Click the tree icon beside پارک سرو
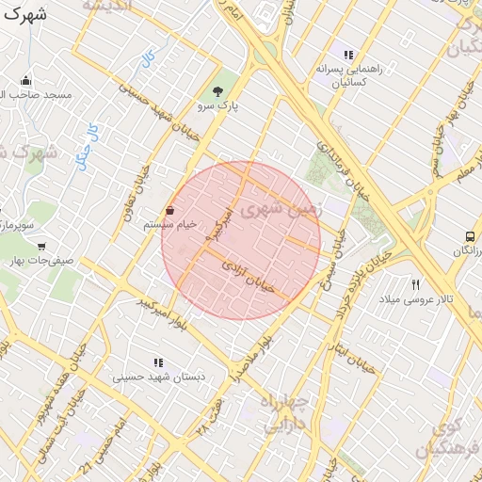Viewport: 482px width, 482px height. [x=218, y=91]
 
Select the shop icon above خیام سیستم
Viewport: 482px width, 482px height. [x=169, y=210]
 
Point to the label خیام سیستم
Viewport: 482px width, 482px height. [x=169, y=225]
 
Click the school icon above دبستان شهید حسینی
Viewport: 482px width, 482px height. [x=158, y=362]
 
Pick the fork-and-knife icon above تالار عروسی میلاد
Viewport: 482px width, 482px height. [x=415, y=283]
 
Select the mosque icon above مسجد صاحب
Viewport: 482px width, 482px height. [x=25, y=80]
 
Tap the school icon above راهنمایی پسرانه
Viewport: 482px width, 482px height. [x=348, y=55]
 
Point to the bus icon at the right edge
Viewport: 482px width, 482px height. [x=470, y=236]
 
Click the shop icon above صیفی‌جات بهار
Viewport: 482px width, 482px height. [x=41, y=245]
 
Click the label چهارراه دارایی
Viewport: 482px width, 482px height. [x=291, y=412]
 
